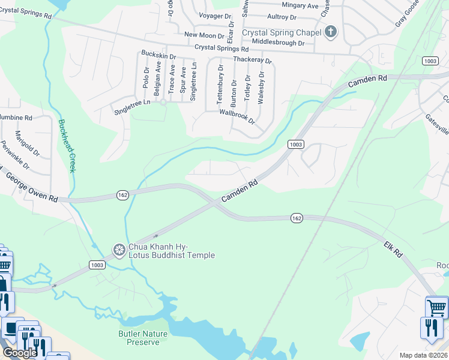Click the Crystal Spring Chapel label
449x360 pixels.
point(280,33)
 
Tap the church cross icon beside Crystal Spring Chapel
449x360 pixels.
point(331,33)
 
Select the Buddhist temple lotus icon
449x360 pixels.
point(119,249)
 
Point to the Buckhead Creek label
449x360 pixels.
point(66,146)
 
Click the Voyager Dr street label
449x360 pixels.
point(214,16)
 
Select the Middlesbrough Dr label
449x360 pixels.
point(279,42)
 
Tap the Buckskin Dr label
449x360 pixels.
point(158,55)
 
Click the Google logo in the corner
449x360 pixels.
point(20,353)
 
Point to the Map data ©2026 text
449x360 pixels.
point(423,355)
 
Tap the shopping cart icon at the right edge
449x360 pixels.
point(436,307)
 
